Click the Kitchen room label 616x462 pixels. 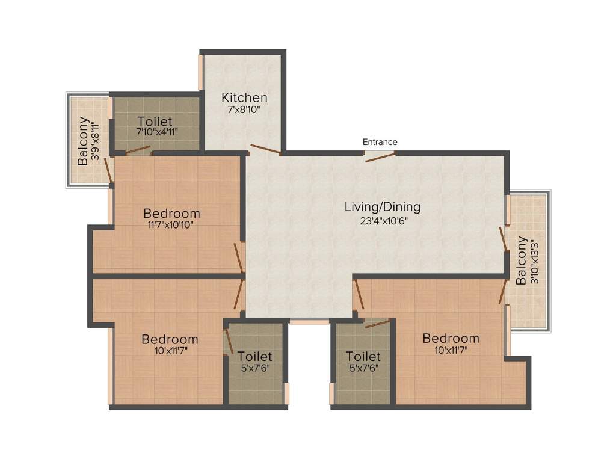[244, 97]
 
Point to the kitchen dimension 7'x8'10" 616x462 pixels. [244, 111]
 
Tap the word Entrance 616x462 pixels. [380, 142]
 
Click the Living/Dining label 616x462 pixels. [382, 207]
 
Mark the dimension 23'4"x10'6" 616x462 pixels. [382, 220]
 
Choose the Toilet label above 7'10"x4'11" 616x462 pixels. [155, 120]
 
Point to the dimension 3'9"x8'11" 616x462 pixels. [95, 141]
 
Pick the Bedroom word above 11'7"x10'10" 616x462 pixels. [171, 213]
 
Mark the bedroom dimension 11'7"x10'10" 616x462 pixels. [171, 226]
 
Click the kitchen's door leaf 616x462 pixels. [265, 150]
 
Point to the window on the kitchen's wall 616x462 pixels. [202, 73]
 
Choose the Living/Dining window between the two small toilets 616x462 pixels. [309, 321]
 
